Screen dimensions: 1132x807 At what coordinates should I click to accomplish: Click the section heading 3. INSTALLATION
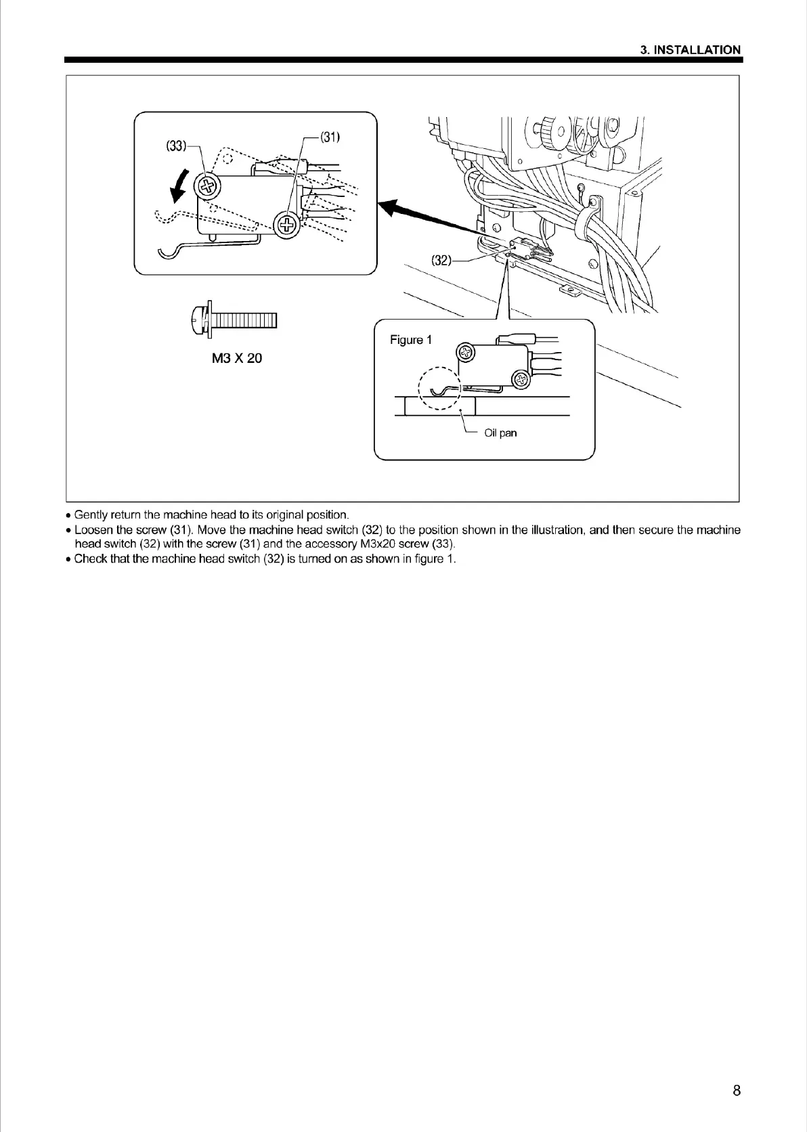691,49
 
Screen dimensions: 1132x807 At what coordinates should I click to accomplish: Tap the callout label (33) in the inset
176,146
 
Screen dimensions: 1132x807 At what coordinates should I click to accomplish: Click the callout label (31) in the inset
330,137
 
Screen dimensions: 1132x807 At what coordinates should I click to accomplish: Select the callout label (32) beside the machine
441,260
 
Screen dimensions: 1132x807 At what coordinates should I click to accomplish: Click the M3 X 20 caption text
236,358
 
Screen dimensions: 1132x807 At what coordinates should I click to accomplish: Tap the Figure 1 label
410,340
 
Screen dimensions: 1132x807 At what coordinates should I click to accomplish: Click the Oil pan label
500,433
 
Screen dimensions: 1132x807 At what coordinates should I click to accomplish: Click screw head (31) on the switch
287,224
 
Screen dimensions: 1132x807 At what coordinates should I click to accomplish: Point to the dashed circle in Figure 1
439,389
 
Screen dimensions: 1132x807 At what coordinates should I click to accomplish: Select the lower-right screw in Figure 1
520,379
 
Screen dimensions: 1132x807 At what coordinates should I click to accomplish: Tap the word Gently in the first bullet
91,515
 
